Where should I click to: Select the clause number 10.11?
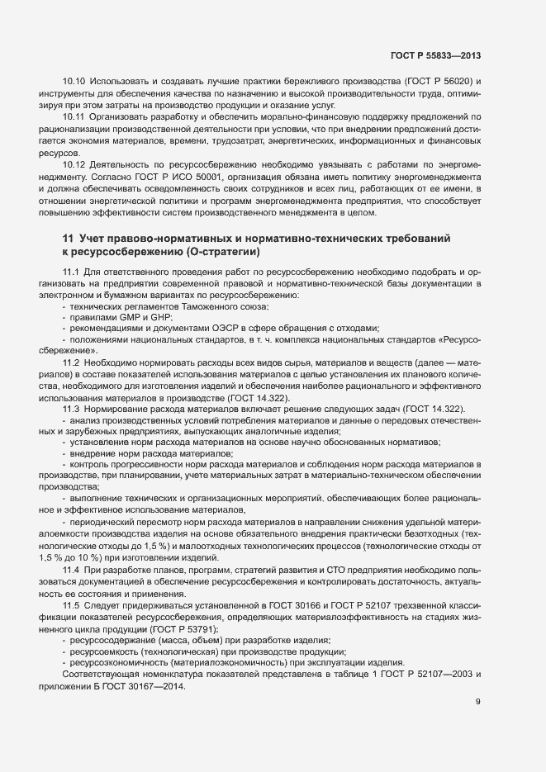74,117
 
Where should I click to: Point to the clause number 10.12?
74,165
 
